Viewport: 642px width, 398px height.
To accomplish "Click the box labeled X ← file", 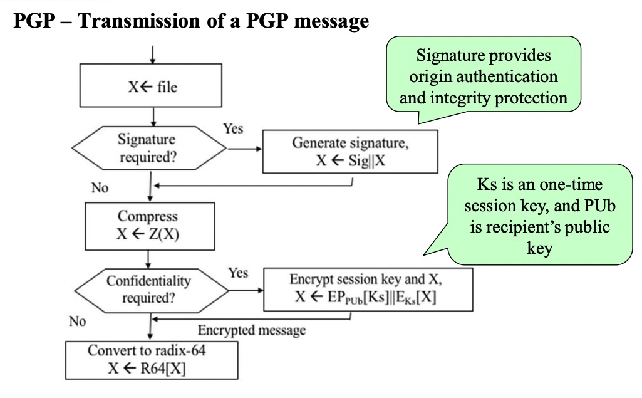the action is [151, 85].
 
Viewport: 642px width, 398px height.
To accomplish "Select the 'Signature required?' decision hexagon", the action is [149, 148].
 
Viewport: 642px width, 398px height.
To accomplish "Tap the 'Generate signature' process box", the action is [350, 152].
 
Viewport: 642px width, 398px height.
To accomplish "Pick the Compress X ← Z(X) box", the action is [150, 226].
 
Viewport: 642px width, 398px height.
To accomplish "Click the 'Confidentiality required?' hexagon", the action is [151, 291].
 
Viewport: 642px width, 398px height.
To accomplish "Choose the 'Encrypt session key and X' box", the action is [368, 290].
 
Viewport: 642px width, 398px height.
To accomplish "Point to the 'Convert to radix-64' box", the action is [152, 360].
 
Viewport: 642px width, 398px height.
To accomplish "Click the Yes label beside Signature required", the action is [233, 128].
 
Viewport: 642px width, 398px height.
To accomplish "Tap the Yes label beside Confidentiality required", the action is [238, 273].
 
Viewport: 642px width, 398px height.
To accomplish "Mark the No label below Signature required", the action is [100, 188].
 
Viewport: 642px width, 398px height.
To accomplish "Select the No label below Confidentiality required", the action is [78, 321].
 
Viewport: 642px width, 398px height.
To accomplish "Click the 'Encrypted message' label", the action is [252, 330].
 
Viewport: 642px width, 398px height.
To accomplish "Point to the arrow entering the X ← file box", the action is [152, 55].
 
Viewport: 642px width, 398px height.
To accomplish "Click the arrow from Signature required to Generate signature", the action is [244, 149].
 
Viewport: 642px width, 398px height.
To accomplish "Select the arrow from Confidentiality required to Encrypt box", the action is [246, 291].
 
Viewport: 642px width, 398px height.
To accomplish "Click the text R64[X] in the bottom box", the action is [163, 369].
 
